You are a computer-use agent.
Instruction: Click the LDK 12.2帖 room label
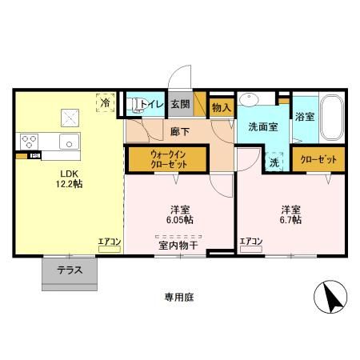pyautogui.click(x=69, y=177)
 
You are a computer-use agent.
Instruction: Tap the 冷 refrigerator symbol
pyautogui.click(x=105, y=102)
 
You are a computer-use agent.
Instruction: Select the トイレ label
pyautogui.click(x=153, y=104)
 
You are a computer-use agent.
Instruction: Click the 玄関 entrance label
pyautogui.click(x=179, y=104)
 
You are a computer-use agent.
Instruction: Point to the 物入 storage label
pyautogui.click(x=221, y=106)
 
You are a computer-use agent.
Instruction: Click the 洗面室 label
pyautogui.click(x=262, y=126)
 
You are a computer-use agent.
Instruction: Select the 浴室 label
pyautogui.click(x=305, y=117)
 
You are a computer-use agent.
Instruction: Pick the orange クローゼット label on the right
pyautogui.click(x=318, y=159)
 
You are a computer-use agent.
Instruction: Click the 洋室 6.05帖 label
pyautogui.click(x=178, y=212)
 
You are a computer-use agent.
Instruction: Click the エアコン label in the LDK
pyautogui.click(x=109, y=241)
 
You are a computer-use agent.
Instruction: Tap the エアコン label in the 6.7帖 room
pyautogui.click(x=251, y=241)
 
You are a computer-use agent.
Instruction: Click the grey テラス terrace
pyautogui.click(x=70, y=271)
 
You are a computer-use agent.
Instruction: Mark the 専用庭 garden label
pyautogui.click(x=178, y=297)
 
